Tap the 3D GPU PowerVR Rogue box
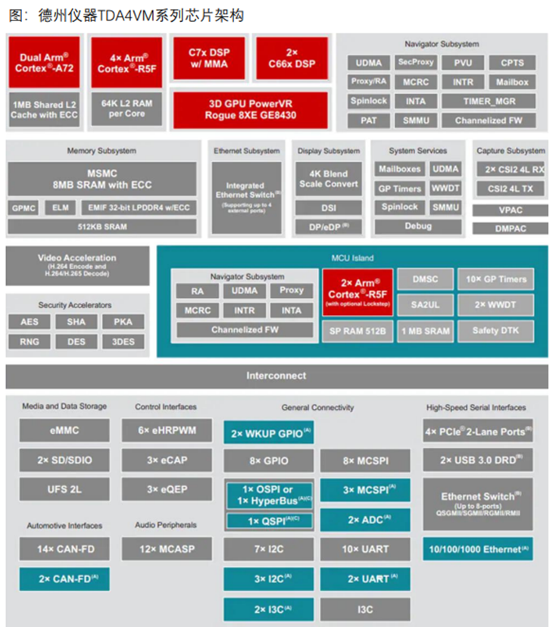(x=250, y=110)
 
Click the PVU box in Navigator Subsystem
(x=463, y=63)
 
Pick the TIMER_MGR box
(x=488, y=101)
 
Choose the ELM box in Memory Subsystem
(x=60, y=207)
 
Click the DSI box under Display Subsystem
(x=329, y=207)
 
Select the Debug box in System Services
(x=418, y=226)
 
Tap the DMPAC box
(x=511, y=228)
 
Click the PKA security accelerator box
(x=123, y=322)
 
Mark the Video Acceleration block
(x=77, y=265)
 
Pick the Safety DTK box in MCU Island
(x=495, y=330)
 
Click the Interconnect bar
(x=276, y=376)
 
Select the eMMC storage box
(x=64, y=430)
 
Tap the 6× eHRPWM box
(x=167, y=430)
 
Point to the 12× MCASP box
(x=167, y=548)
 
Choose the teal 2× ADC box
(x=364, y=520)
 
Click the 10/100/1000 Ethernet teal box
(x=478, y=548)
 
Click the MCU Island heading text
(x=352, y=259)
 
